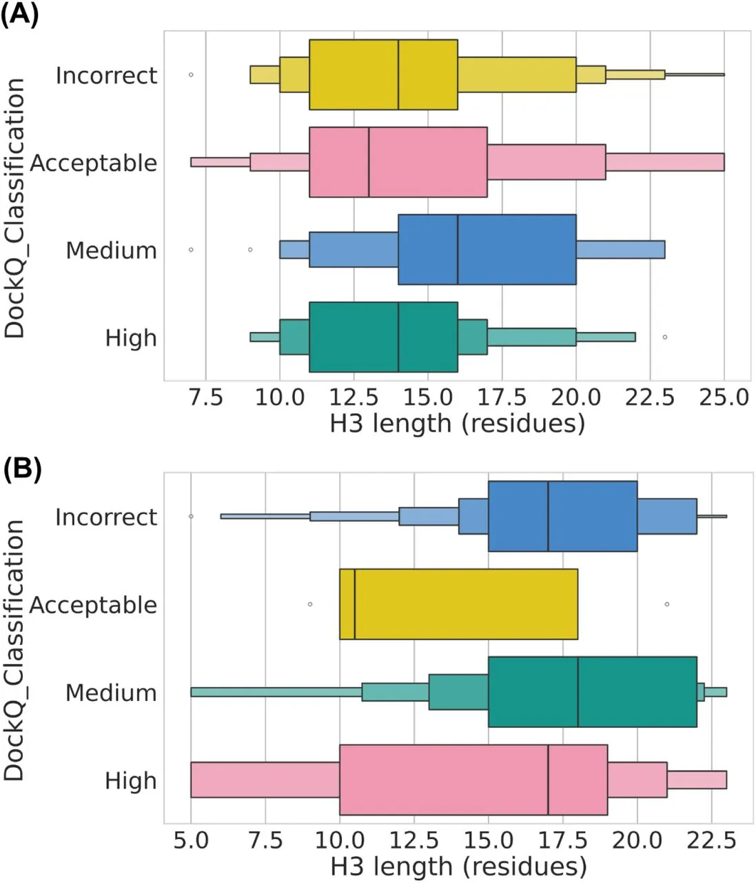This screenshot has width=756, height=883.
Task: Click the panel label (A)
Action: pos(19,14)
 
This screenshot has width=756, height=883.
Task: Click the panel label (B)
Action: pos(21,468)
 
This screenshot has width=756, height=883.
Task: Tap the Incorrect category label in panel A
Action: pos(106,75)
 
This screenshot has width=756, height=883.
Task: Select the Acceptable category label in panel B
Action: pos(93,605)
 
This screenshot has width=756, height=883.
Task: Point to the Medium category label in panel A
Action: pos(111,250)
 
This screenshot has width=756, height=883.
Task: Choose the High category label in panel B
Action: pos(130,781)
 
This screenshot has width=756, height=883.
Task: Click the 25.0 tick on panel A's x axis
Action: pos(724,397)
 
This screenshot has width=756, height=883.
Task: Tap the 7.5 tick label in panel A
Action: pos(205,397)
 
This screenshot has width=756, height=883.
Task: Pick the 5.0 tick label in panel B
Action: pos(191,840)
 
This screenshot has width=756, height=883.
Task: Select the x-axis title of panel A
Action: pos(457,423)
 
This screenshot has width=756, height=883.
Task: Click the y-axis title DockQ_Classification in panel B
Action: pos(14,650)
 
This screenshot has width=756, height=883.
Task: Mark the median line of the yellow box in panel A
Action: pos(398,75)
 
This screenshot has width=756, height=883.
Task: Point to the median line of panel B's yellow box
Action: pos(355,604)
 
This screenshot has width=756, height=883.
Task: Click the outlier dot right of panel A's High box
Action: pos(664,337)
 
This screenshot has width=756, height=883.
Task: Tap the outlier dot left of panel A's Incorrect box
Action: pos(191,75)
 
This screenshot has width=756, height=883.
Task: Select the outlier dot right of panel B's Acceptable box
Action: pos(667,604)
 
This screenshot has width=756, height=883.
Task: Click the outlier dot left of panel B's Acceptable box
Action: pos(310,604)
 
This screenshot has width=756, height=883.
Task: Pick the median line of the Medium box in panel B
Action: pos(578,692)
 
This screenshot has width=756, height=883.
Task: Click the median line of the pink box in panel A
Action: pos(369,162)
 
